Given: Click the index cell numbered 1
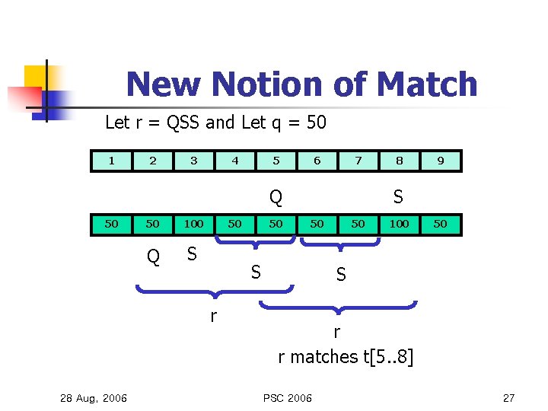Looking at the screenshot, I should (x=112, y=161).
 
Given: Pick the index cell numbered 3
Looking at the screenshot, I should (x=194, y=161).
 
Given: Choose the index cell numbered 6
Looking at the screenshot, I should (x=317, y=161).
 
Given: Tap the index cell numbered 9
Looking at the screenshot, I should (x=441, y=161).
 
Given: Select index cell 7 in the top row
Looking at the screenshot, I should (x=358, y=161).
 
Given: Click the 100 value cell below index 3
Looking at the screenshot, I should (x=194, y=224).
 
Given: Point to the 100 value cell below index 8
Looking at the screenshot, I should (x=400, y=224).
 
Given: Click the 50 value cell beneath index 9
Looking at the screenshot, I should (x=441, y=224).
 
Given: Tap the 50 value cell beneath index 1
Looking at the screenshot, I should (x=112, y=224).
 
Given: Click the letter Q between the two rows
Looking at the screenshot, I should (x=276, y=198).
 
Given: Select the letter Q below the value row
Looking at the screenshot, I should (x=153, y=257).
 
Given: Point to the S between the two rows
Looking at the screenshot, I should (x=397, y=196).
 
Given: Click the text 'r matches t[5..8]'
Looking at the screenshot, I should (x=346, y=356).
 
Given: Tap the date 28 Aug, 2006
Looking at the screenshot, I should (x=94, y=397).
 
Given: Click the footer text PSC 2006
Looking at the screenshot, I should (x=288, y=397).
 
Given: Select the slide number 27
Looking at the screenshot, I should (x=509, y=397).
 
